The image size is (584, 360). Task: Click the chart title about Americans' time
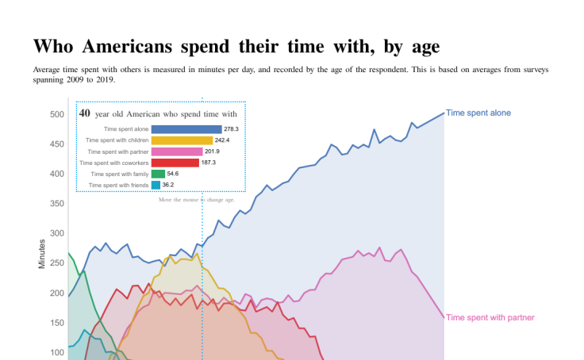[x=236, y=46]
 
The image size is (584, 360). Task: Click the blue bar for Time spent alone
[x=186, y=128]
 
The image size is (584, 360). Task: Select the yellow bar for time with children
[x=181, y=140]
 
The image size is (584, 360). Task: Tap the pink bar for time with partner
[x=176, y=151]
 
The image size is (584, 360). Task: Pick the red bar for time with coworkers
[x=175, y=163]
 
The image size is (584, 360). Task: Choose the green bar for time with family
[x=158, y=174]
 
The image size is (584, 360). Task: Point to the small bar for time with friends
[x=156, y=185]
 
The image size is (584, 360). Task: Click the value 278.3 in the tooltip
[x=232, y=128]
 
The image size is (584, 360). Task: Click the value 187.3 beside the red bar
[x=209, y=163]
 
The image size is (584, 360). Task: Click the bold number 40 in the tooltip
[x=85, y=113]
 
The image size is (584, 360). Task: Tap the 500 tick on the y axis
[x=57, y=114]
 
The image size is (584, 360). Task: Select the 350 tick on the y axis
[x=57, y=204]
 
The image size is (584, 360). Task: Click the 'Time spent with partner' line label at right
[x=490, y=317]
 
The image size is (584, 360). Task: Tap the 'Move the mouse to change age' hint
[x=196, y=200]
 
